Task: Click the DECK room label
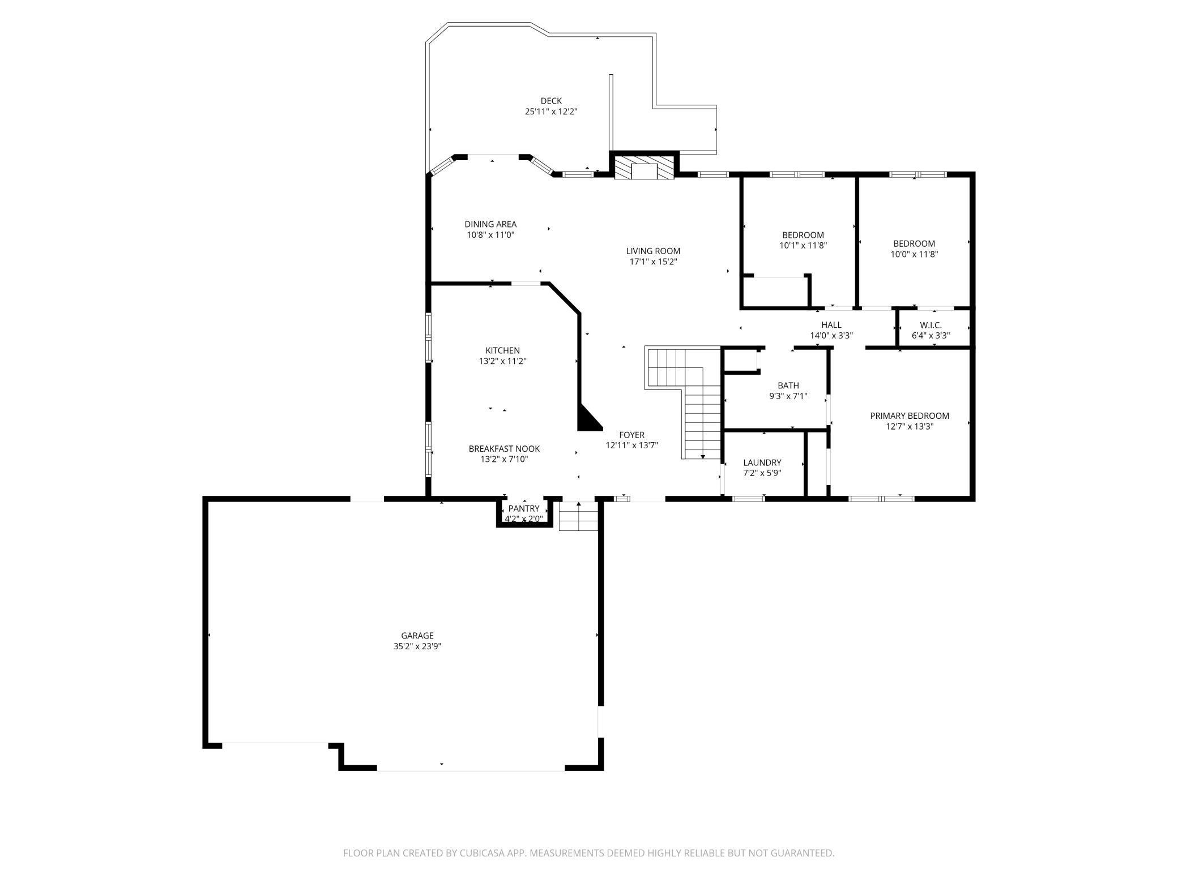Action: click(x=551, y=101)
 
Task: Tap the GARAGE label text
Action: click(x=417, y=636)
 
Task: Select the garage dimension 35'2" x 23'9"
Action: click(x=417, y=646)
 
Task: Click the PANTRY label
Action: click(x=524, y=508)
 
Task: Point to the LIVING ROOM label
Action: click(x=653, y=251)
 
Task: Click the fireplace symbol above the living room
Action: click(x=645, y=168)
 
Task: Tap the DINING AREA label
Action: click(x=490, y=224)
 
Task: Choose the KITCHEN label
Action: click(x=502, y=350)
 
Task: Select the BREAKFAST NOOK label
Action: click(x=504, y=449)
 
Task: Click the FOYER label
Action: click(x=631, y=435)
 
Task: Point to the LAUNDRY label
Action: click(x=762, y=462)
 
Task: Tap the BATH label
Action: click(x=788, y=385)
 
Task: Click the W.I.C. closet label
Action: click(x=931, y=325)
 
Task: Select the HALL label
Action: click(x=831, y=325)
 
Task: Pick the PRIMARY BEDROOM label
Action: click(x=910, y=416)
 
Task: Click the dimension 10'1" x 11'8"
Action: click(x=803, y=246)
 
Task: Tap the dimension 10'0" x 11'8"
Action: click(x=914, y=254)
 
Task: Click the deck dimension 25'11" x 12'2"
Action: click(x=551, y=112)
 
